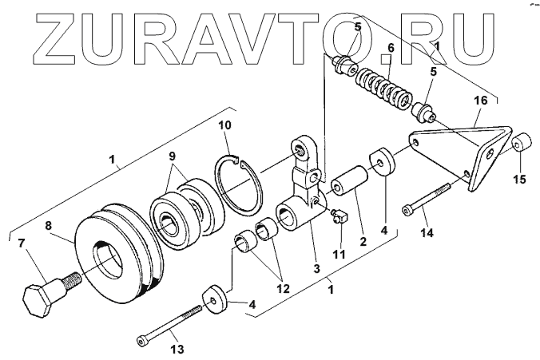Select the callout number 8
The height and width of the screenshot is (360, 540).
click(49, 227)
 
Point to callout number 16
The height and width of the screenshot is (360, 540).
click(481, 101)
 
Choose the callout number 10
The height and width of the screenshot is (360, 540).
click(225, 125)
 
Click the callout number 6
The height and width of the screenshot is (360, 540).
click(391, 49)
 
